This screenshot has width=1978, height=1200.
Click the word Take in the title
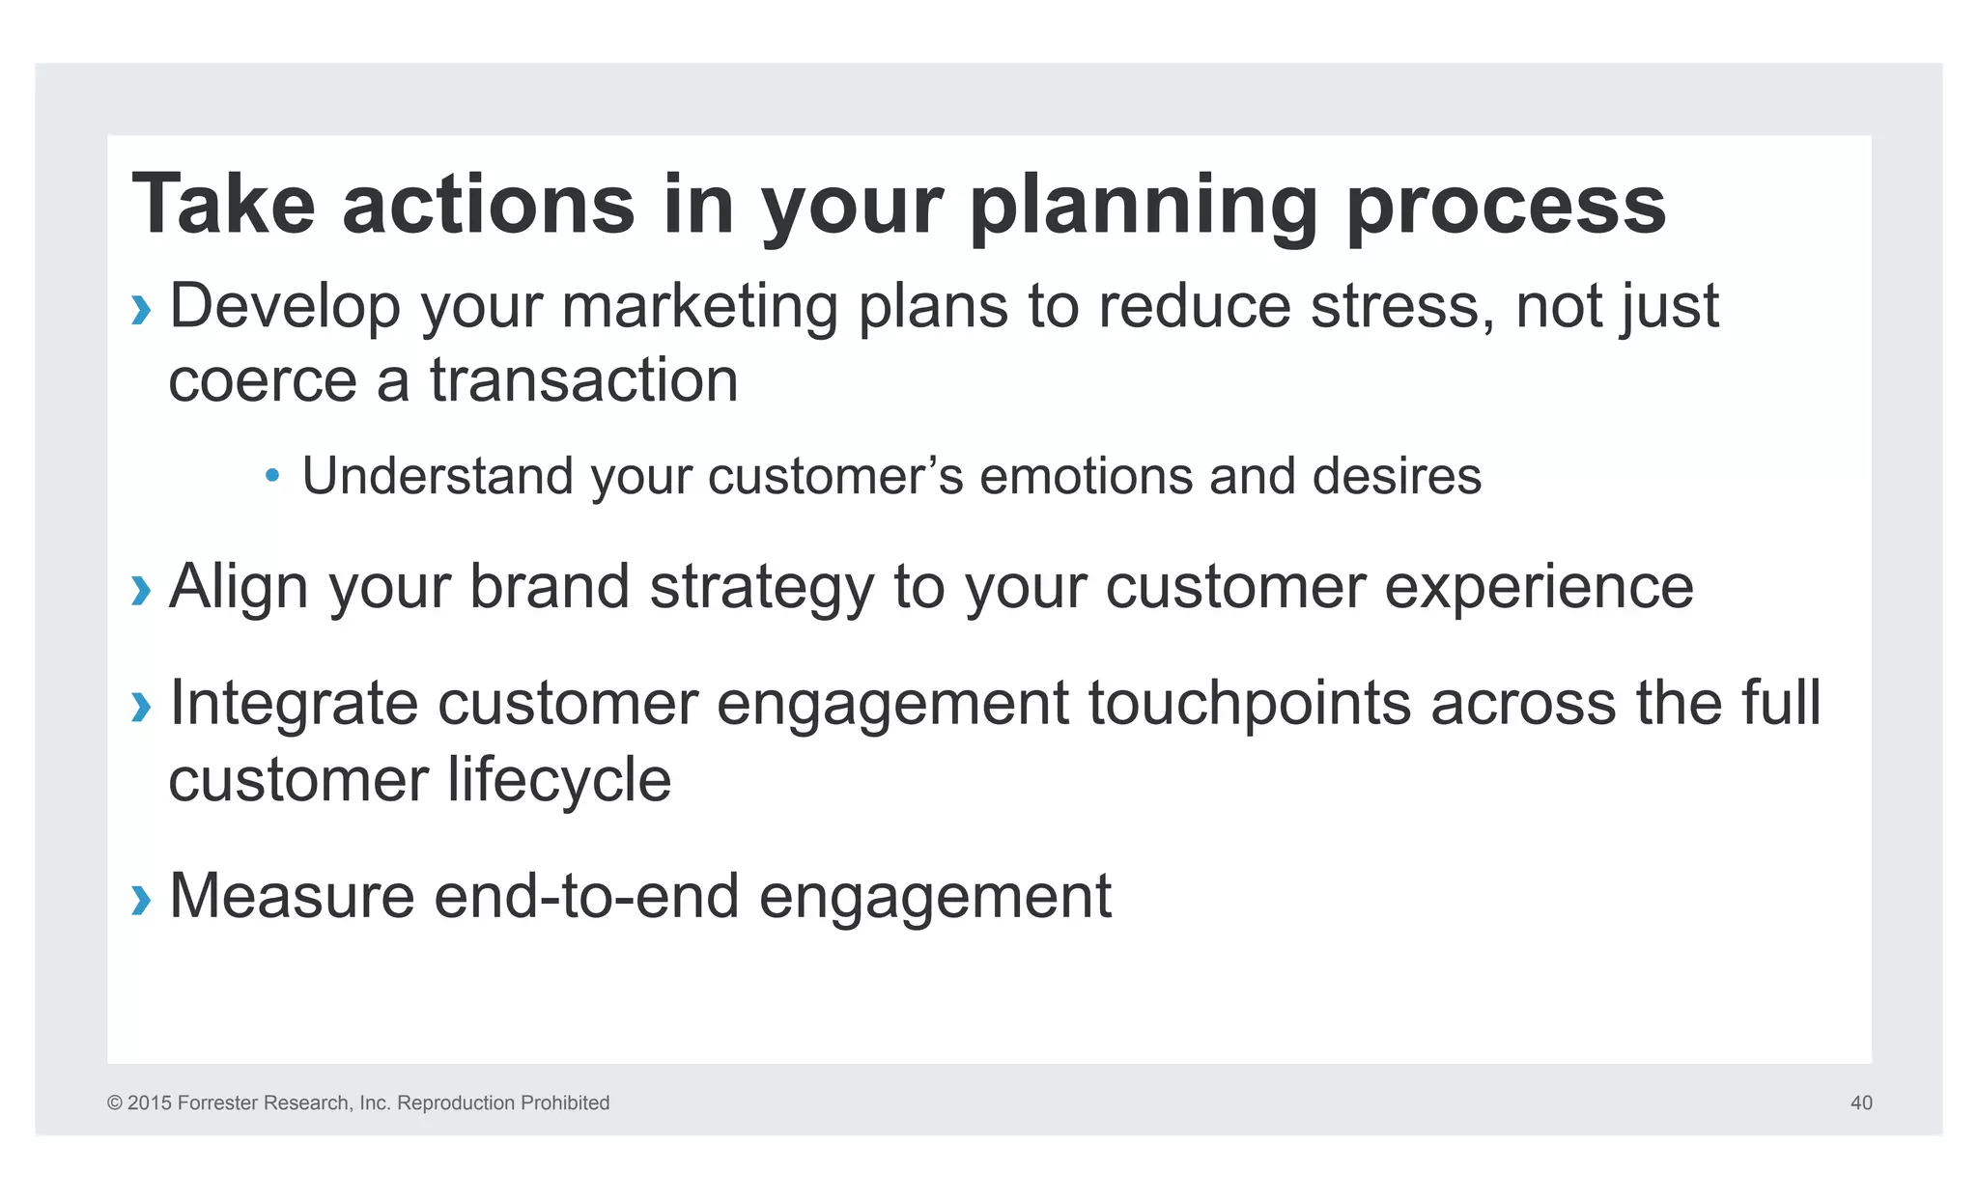223,205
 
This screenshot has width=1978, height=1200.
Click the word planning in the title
1144,205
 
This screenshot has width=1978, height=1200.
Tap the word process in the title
1506,205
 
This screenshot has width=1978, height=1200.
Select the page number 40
1861,1102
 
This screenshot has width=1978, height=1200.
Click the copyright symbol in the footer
114,1102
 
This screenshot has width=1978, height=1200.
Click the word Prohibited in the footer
564,1102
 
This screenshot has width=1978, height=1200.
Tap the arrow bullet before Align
141,590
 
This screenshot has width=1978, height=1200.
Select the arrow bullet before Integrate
141,707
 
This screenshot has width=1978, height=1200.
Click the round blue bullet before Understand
272,476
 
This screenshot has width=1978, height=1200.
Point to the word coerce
263,380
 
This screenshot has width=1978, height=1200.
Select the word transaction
583,380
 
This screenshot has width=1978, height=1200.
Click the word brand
549,586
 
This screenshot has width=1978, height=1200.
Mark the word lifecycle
559,780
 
